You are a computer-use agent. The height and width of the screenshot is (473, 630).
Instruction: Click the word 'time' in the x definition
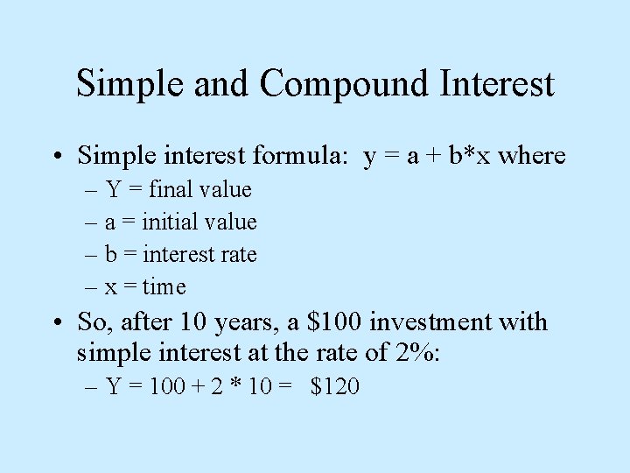click(164, 286)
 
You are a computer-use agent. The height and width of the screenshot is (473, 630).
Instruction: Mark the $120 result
click(335, 386)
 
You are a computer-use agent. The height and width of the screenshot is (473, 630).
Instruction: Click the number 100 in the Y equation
click(167, 386)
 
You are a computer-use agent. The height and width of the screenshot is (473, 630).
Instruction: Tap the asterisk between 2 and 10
click(234, 386)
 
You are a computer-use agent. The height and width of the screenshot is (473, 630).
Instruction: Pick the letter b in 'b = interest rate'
click(111, 255)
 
